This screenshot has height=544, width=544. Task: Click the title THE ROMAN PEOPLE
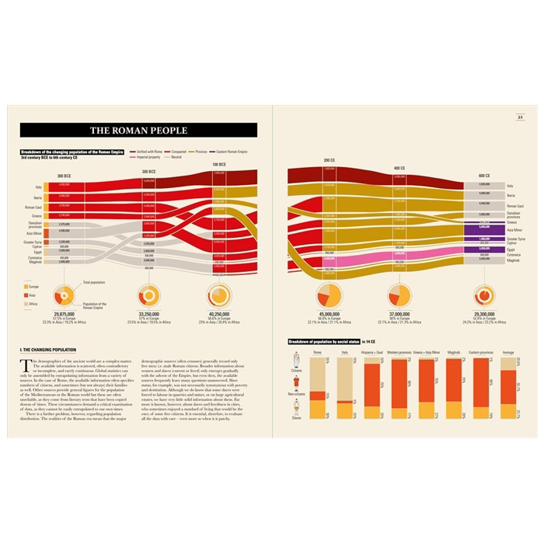pos(138,131)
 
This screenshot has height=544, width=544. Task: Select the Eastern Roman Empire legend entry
pos(231,152)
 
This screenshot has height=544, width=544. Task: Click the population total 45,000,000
pos(330,312)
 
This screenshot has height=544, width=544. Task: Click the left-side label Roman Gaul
pos(33,207)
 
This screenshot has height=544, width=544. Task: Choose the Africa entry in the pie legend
pos(34,304)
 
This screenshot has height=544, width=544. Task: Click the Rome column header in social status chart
pos(316,352)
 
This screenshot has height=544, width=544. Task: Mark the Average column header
pos(508,352)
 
